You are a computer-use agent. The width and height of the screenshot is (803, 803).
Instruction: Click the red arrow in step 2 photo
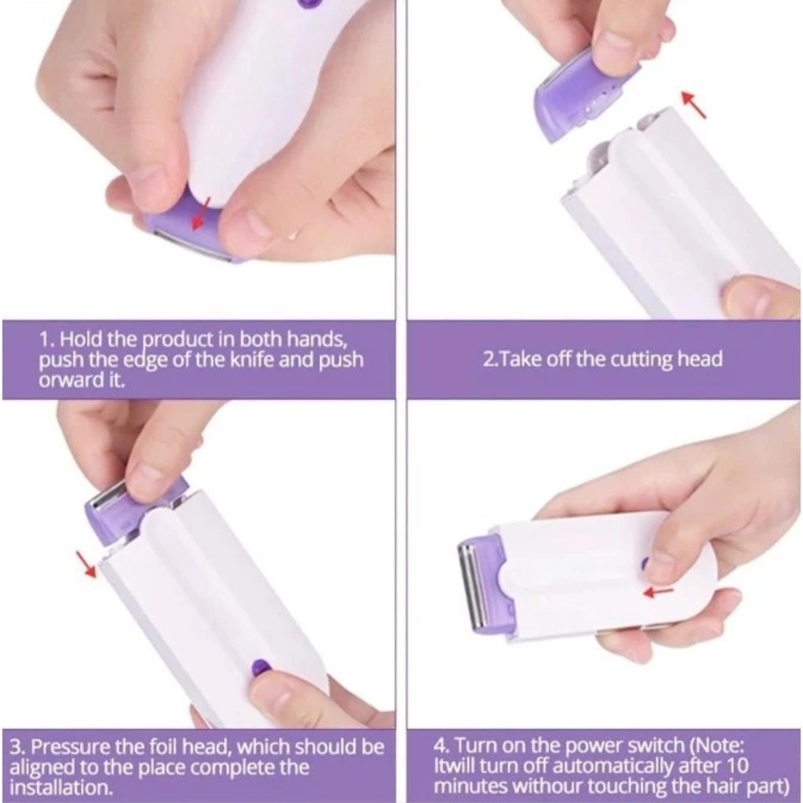coord(693,104)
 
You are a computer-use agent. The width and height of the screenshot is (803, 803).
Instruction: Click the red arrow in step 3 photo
coord(86,563)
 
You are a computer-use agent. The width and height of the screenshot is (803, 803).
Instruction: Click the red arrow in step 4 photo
coord(658,591)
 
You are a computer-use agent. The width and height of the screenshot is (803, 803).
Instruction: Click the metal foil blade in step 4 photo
coord(472,583)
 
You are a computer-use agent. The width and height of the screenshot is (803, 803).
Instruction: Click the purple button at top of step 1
coord(309,3)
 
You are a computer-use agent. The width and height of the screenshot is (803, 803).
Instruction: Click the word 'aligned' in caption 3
coord(42,768)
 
